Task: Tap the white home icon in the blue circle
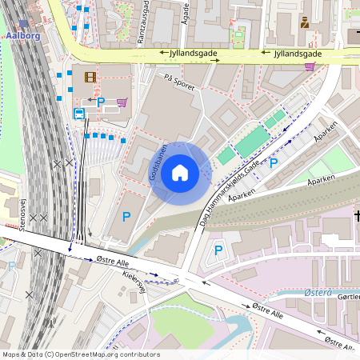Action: [180, 173]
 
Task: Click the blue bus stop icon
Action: [79, 114]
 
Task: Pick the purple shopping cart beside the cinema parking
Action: [122, 102]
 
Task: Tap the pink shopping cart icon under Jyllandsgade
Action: [310, 66]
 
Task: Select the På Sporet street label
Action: [178, 82]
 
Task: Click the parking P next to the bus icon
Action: [100, 102]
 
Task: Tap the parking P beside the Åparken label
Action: [274, 163]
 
